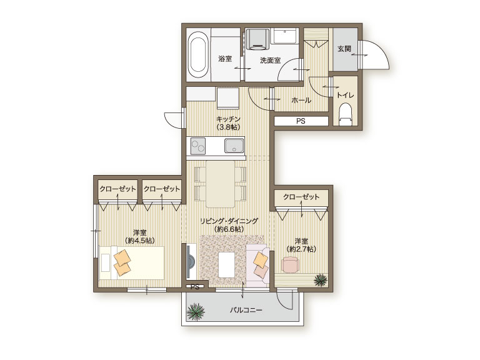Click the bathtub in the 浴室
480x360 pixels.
(197, 55)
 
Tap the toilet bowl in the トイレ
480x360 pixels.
(345, 114)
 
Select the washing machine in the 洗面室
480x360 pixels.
(256, 39)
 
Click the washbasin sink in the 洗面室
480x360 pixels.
(285, 36)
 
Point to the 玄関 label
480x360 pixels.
(344, 49)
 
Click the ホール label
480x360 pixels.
(301, 100)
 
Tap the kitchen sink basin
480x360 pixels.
(234, 146)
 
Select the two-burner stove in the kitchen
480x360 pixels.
(198, 146)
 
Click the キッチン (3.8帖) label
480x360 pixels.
(228, 122)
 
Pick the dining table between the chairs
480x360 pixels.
(221, 184)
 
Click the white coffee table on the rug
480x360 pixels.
(227, 264)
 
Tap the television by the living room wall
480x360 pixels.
(191, 262)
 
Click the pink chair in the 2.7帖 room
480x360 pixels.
(291, 264)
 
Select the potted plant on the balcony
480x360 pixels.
(196, 312)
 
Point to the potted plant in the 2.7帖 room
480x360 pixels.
(321, 280)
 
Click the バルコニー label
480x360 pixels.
(246, 310)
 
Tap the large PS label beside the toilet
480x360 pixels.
(301, 121)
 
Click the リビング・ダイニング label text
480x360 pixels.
(229, 221)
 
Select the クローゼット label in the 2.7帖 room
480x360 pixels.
(301, 196)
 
